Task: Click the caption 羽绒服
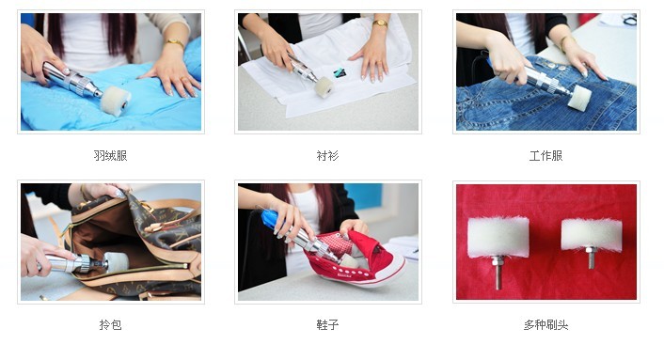pyautogui.click(x=110, y=156)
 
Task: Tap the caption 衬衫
pyautogui.click(x=327, y=156)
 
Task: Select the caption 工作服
pyautogui.click(x=545, y=156)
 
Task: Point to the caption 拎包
pyautogui.click(x=110, y=324)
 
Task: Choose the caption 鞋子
pyautogui.click(x=327, y=324)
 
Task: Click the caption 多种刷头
pyautogui.click(x=545, y=324)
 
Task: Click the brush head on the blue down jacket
pyautogui.click(x=116, y=102)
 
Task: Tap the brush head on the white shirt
pyautogui.click(x=324, y=87)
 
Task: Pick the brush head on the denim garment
pyautogui.click(x=578, y=98)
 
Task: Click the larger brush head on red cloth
pyautogui.click(x=498, y=237)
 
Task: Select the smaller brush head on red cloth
pyautogui.click(x=592, y=234)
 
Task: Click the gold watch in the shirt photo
pyautogui.click(x=380, y=23)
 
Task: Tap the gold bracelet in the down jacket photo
pyautogui.click(x=175, y=42)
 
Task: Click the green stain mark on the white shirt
pyautogui.click(x=340, y=72)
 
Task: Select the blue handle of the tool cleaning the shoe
pyautogui.click(x=269, y=219)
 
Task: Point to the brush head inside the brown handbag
pyautogui.click(x=116, y=262)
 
